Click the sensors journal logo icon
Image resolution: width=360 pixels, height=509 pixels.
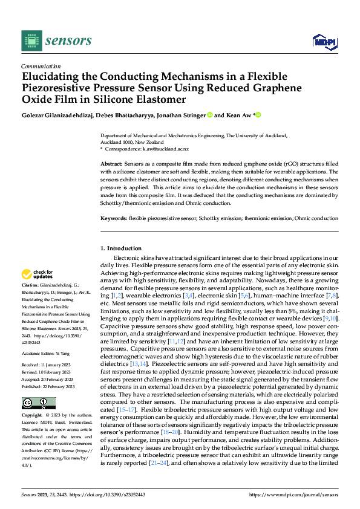pos(32,41)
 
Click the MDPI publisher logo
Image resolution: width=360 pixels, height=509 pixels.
pos(324,41)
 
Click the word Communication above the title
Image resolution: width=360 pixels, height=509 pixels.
pos(41,66)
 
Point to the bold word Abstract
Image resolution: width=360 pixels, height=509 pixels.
pos(111,164)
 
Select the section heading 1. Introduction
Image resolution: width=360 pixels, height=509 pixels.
pos(120,248)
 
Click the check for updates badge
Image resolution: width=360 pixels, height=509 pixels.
pos(38,274)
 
